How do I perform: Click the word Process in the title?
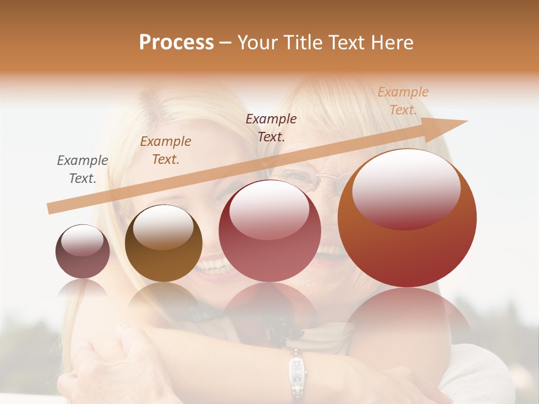[x=176, y=43]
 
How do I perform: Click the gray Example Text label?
[x=83, y=169]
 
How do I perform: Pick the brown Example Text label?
[x=166, y=150]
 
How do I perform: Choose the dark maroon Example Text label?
[x=271, y=128]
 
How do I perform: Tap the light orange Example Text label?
[x=403, y=101]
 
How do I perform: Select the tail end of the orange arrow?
[x=52, y=208]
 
